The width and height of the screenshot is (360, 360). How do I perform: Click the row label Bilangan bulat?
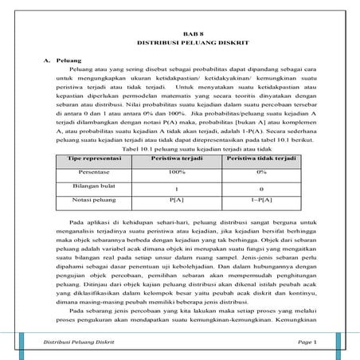tap(88, 184)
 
